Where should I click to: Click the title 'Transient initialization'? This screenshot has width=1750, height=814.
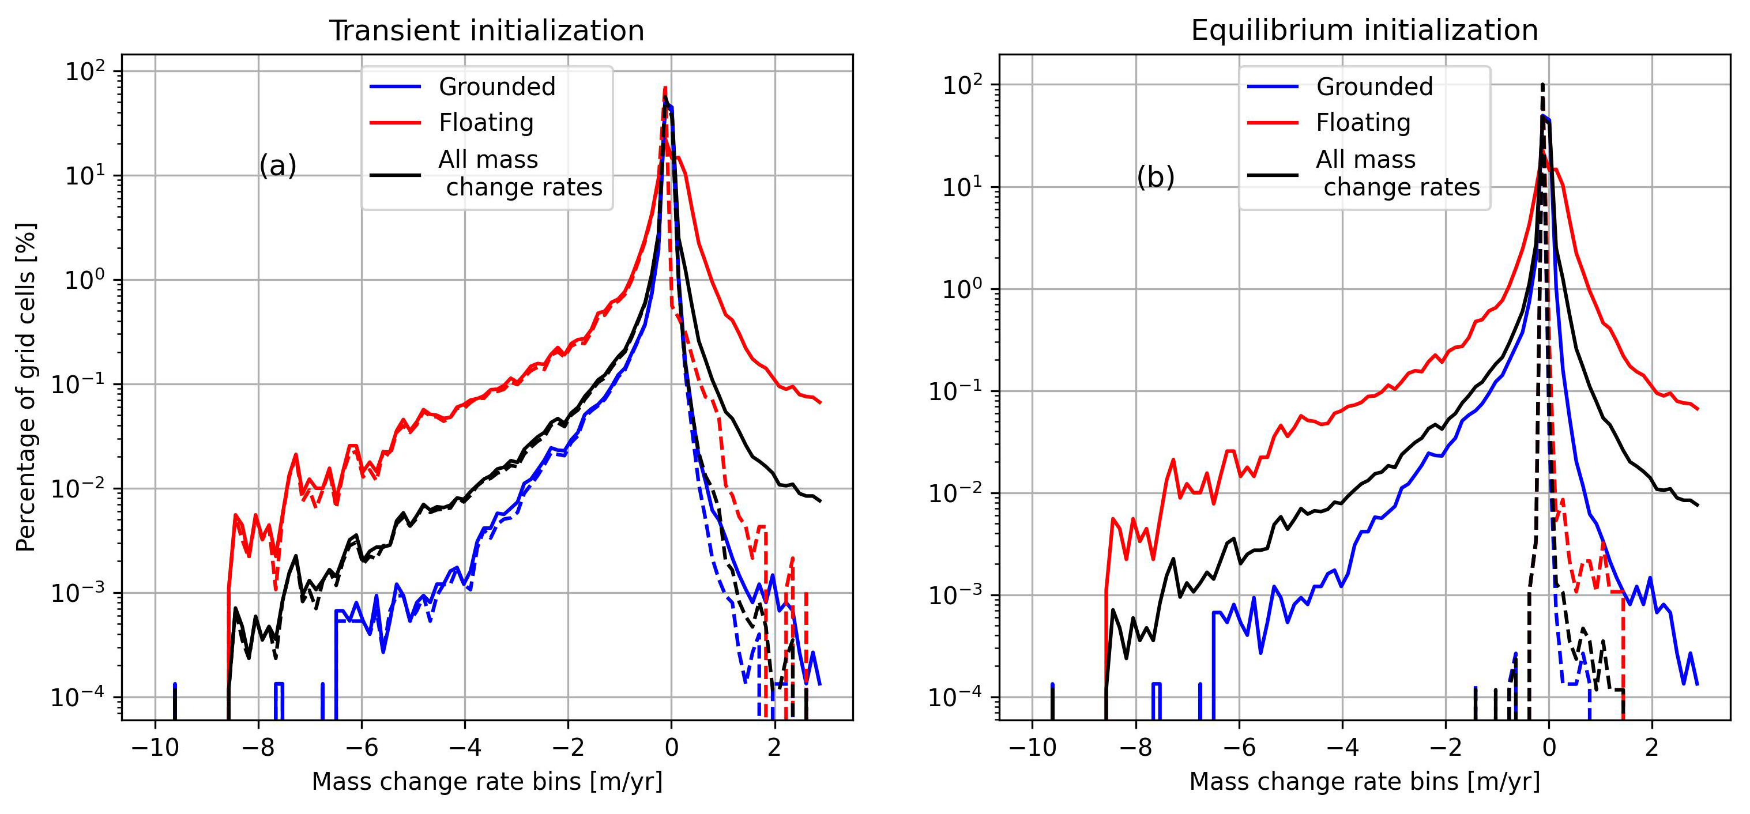[487, 31]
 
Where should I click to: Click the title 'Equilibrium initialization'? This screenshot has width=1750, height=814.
[1364, 31]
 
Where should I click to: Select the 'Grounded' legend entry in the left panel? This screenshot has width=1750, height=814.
[496, 87]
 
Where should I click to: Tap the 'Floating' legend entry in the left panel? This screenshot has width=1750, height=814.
[486, 123]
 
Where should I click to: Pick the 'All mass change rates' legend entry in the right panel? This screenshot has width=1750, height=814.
[1398, 174]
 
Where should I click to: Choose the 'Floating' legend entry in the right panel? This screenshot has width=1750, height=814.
[1363, 123]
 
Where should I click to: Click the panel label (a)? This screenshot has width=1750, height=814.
[278, 167]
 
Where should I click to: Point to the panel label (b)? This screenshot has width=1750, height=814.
[1155, 178]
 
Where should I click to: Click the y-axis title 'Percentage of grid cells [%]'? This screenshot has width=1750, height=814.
[26, 387]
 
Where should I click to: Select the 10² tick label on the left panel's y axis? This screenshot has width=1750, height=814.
[85, 71]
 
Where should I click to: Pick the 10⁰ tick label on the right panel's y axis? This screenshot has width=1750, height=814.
[962, 290]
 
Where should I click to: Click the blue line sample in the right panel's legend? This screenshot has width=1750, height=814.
[1273, 87]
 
